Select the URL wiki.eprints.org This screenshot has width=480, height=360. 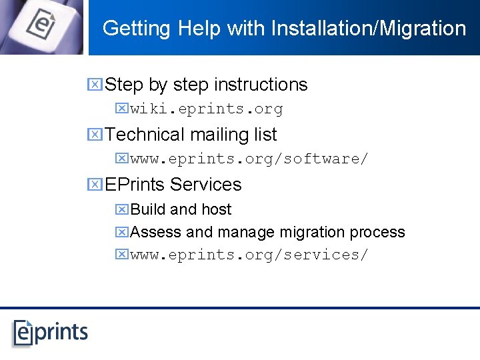tap(206, 109)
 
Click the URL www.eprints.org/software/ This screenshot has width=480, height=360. tap(249, 159)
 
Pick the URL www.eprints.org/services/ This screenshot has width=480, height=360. tap(249, 255)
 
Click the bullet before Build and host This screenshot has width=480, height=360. tap(121, 209)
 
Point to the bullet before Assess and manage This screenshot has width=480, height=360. tap(121, 233)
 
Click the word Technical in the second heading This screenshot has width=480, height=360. tap(145, 135)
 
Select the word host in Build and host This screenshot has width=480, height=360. tap(216, 209)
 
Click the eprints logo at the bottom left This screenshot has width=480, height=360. tap(50, 332)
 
